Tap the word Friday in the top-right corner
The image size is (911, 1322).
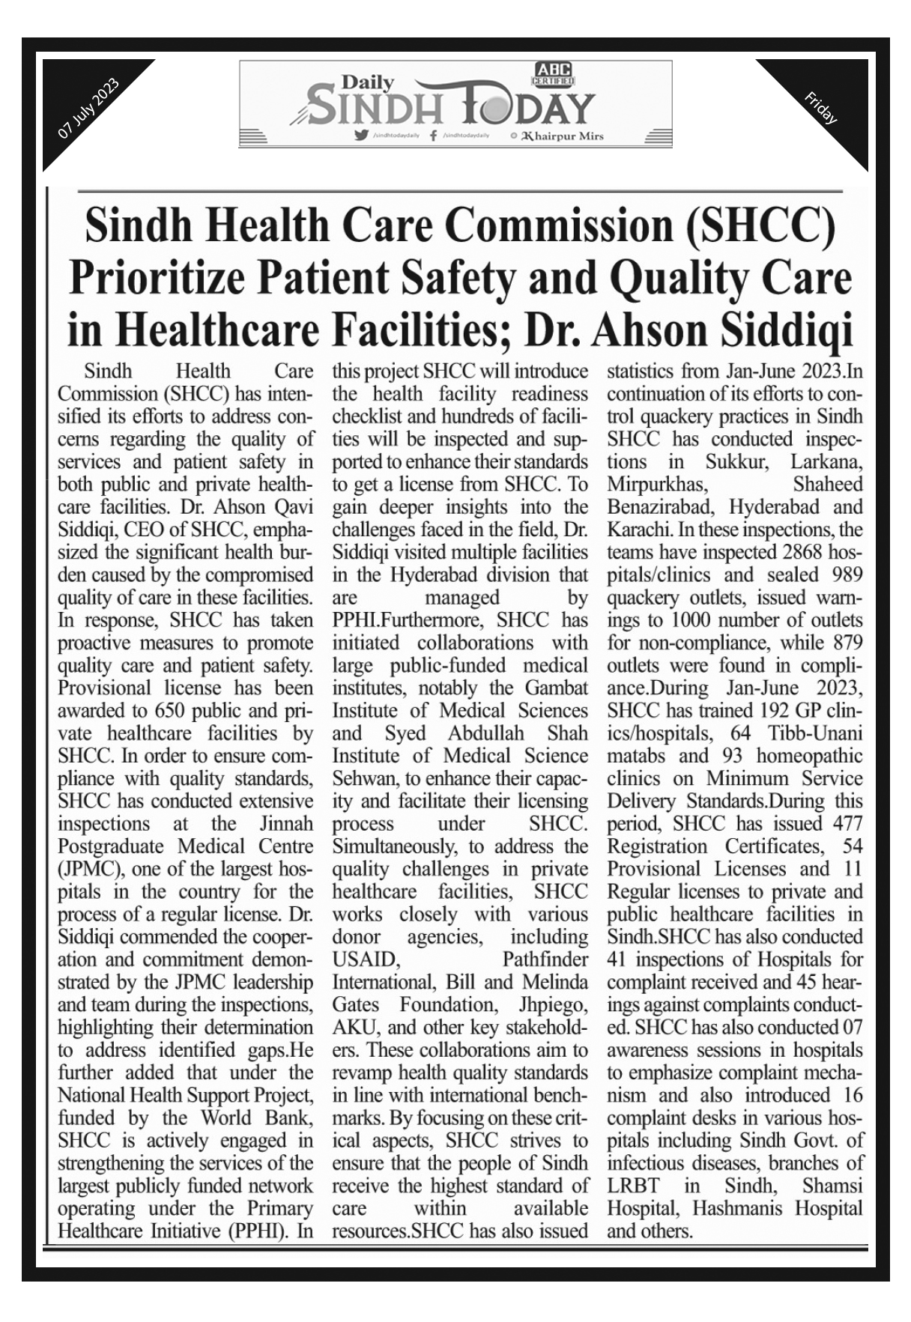pyautogui.click(x=820, y=107)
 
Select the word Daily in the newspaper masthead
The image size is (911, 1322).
pyautogui.click(x=367, y=82)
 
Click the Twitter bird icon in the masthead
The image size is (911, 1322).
pyautogui.click(x=362, y=136)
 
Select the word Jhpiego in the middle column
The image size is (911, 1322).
pyautogui.click(x=553, y=1004)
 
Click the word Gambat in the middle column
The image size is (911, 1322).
pyautogui.click(x=557, y=688)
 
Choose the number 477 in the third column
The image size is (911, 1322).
pyautogui.click(x=847, y=823)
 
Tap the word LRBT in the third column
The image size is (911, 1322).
pyautogui.click(x=633, y=1186)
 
